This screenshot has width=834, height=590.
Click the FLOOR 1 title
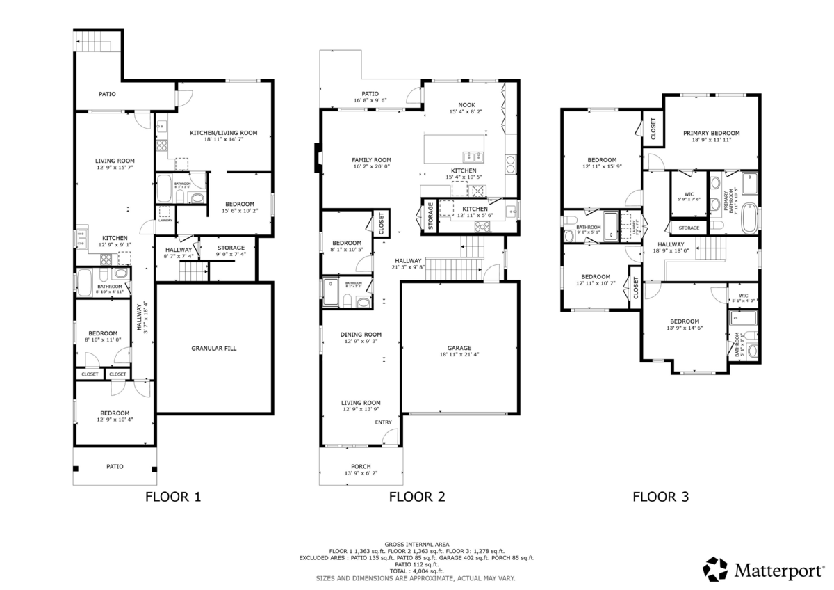coord(172,497)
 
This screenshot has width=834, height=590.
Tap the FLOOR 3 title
coord(660,497)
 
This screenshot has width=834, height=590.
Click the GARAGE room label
coord(459,348)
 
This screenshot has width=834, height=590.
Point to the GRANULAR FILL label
coord(213,348)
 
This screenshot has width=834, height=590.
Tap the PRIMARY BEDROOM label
coord(711,133)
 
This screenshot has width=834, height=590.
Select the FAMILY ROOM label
coord(371,160)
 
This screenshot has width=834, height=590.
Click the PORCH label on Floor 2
coord(361,466)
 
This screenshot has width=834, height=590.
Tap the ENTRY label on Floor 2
coord(383,422)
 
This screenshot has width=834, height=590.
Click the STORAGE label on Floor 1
coord(231,248)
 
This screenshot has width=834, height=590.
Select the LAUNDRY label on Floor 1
coord(165,220)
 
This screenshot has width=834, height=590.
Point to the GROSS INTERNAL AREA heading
coord(416,544)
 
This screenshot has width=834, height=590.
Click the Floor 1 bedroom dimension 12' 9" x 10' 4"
coord(114,420)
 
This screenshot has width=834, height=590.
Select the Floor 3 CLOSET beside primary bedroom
coord(653,129)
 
